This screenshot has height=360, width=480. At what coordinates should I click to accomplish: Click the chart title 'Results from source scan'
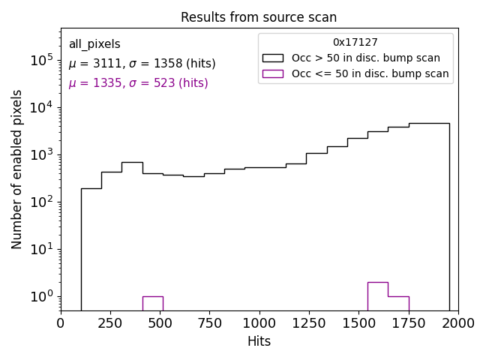coord(259,17)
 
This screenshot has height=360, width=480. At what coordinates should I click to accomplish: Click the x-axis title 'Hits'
coord(259,341)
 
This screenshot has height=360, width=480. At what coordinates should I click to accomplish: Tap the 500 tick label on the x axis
coord(160,323)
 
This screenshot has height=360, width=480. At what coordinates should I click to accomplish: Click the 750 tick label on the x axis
coord(209,323)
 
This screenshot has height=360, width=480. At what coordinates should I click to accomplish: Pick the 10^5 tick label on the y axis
coord(40,60)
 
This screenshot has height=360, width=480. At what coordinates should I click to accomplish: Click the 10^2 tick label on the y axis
coord(40,202)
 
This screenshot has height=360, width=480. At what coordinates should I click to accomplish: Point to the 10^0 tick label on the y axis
coord(40,296)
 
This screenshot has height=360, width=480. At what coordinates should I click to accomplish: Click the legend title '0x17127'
coord(355,43)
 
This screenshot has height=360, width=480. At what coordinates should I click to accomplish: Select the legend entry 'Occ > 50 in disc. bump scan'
coord(366,58)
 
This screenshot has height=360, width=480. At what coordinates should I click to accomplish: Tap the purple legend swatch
coord(273,73)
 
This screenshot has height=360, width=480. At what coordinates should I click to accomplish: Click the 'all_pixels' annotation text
coord(94,44)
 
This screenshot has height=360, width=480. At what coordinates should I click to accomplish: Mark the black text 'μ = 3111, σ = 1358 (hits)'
coord(142,64)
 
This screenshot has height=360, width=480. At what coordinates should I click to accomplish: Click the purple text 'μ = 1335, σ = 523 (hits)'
coord(138,83)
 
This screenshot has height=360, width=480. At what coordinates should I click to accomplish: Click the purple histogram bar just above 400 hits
coord(152,303)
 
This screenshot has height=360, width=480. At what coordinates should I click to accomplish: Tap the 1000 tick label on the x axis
coord(259,323)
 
